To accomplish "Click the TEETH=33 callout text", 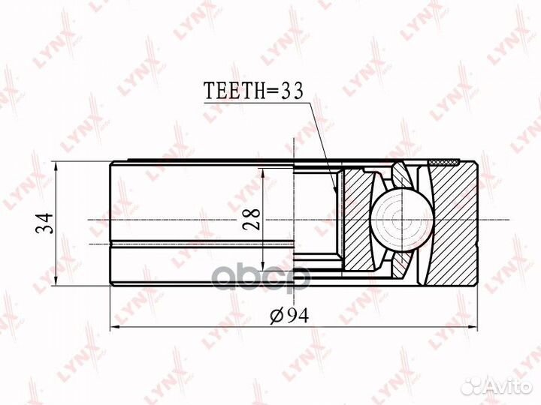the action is pyautogui.click(x=253, y=91).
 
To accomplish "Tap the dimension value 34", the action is pyautogui.click(x=45, y=223).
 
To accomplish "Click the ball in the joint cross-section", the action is pyautogui.click(x=402, y=220).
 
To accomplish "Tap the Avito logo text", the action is pyautogui.click(x=510, y=387).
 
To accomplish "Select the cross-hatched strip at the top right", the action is pyautogui.click(x=444, y=162).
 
